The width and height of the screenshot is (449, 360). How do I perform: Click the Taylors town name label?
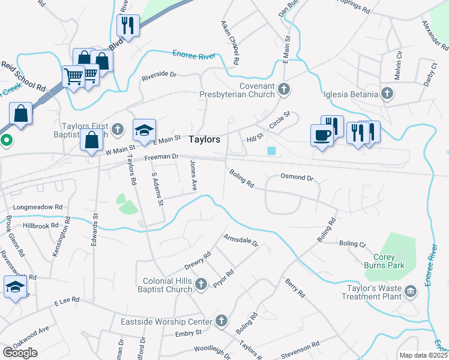[204, 139]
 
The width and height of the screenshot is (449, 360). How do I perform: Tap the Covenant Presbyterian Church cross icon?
[285, 90]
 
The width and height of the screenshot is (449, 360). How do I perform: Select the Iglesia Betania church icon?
[388, 94]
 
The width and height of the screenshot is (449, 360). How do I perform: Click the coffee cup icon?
[321, 134]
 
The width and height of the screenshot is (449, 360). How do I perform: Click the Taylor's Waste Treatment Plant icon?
[411, 291]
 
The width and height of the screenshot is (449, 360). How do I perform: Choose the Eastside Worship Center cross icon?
[222, 322]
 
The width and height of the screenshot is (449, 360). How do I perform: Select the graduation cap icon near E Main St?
[144, 129]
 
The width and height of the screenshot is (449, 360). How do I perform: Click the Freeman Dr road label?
[161, 157]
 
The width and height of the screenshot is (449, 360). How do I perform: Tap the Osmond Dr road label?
[297, 178]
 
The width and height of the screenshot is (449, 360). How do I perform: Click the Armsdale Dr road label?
[241, 241]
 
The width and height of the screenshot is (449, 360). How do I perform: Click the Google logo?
[19, 352]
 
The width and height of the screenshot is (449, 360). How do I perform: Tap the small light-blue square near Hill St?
[272, 151]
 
